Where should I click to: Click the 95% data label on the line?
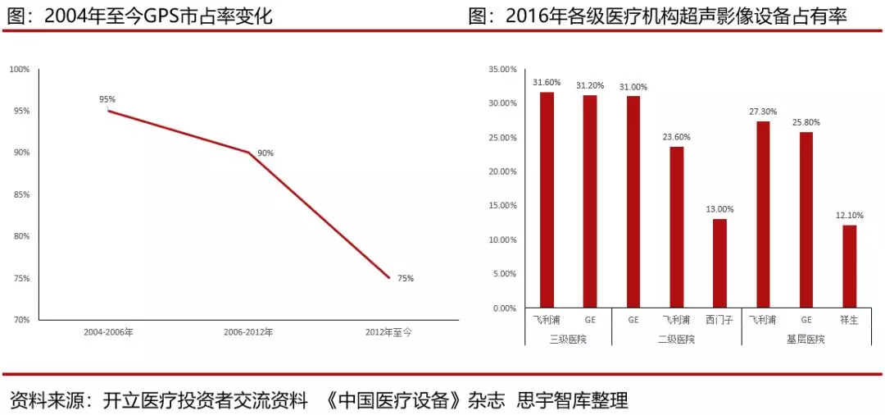(x=107, y=99)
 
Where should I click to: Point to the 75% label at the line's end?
(x=406, y=278)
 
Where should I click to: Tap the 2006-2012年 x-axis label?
(x=248, y=332)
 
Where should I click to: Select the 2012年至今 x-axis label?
(x=388, y=332)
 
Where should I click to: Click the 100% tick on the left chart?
(x=20, y=69)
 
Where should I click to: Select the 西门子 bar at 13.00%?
(x=719, y=263)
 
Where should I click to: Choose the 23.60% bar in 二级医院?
(x=676, y=227)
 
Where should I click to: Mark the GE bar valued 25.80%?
(x=806, y=220)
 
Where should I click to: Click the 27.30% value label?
(x=763, y=112)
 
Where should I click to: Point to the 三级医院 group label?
(x=568, y=339)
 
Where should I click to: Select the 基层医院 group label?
(x=806, y=339)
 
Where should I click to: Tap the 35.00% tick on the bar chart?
(x=502, y=69)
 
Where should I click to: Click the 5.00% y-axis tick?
(x=504, y=274)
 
